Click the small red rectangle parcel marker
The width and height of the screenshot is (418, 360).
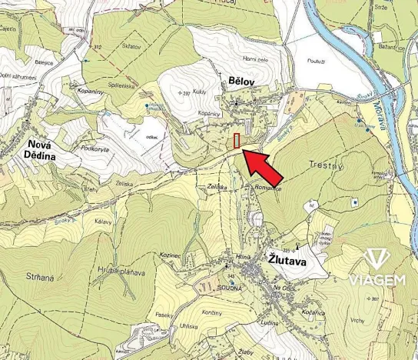237,141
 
